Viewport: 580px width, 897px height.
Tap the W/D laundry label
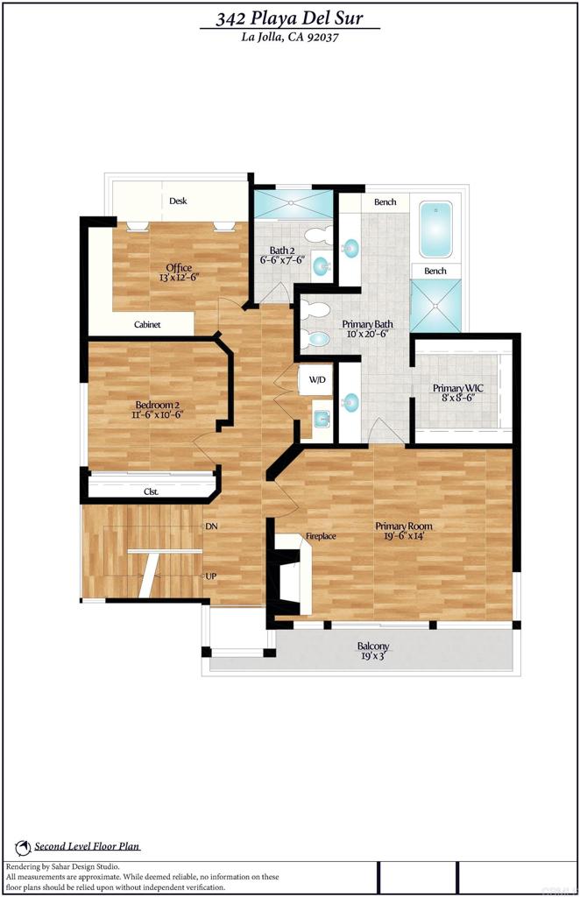point(316,380)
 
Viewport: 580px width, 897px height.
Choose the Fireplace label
point(321,536)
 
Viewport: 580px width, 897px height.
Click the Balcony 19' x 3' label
point(373,651)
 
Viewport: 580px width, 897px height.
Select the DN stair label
point(211,526)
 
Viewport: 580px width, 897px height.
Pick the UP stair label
point(211,576)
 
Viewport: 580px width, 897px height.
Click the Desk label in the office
point(179,201)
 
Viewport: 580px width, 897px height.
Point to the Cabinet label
point(147,325)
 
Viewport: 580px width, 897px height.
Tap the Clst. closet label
point(151,492)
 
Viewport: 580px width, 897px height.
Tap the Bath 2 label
point(281,255)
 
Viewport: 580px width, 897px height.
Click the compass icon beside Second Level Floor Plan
point(23,847)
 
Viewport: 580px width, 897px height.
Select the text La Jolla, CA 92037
point(290,37)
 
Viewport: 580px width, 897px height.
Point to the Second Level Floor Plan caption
point(88,847)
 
